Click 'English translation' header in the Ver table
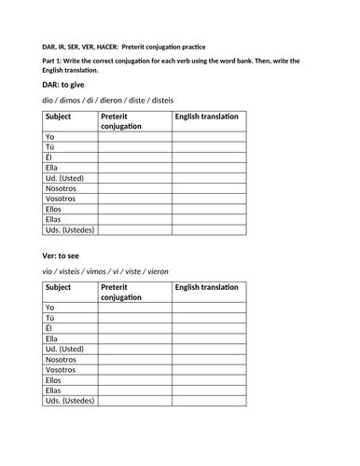[x=206, y=287]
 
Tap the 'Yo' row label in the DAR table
[x=49, y=136]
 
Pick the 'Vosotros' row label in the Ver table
[x=61, y=370]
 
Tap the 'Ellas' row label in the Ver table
[x=55, y=391]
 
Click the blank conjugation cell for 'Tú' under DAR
[x=133, y=146]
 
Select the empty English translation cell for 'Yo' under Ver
[x=208, y=307]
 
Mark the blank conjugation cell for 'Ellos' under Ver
[x=133, y=380]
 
